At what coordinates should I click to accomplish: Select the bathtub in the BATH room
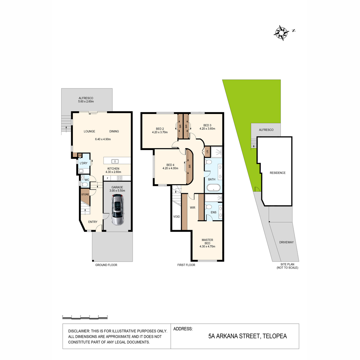tap(213, 187)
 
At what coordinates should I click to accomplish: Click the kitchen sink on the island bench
tap(115, 161)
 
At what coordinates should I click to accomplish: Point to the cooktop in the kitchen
tap(119, 178)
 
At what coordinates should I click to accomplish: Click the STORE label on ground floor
tap(85, 194)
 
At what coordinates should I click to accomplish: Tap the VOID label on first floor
tap(176, 217)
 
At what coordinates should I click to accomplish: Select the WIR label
tap(192, 208)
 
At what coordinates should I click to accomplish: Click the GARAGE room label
tap(117, 187)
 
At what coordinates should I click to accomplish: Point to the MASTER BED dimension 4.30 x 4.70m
tap(207, 246)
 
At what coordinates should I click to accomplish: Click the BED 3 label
tap(207, 125)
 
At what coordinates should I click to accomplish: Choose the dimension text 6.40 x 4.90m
tap(103, 139)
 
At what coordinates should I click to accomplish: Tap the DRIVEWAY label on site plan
tap(286, 242)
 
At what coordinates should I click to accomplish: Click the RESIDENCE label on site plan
tap(277, 173)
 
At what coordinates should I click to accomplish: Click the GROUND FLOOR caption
tap(106, 265)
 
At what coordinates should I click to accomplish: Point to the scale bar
tap(85, 317)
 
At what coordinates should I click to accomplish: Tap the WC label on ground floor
tap(87, 180)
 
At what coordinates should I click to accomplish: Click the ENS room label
tap(214, 212)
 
